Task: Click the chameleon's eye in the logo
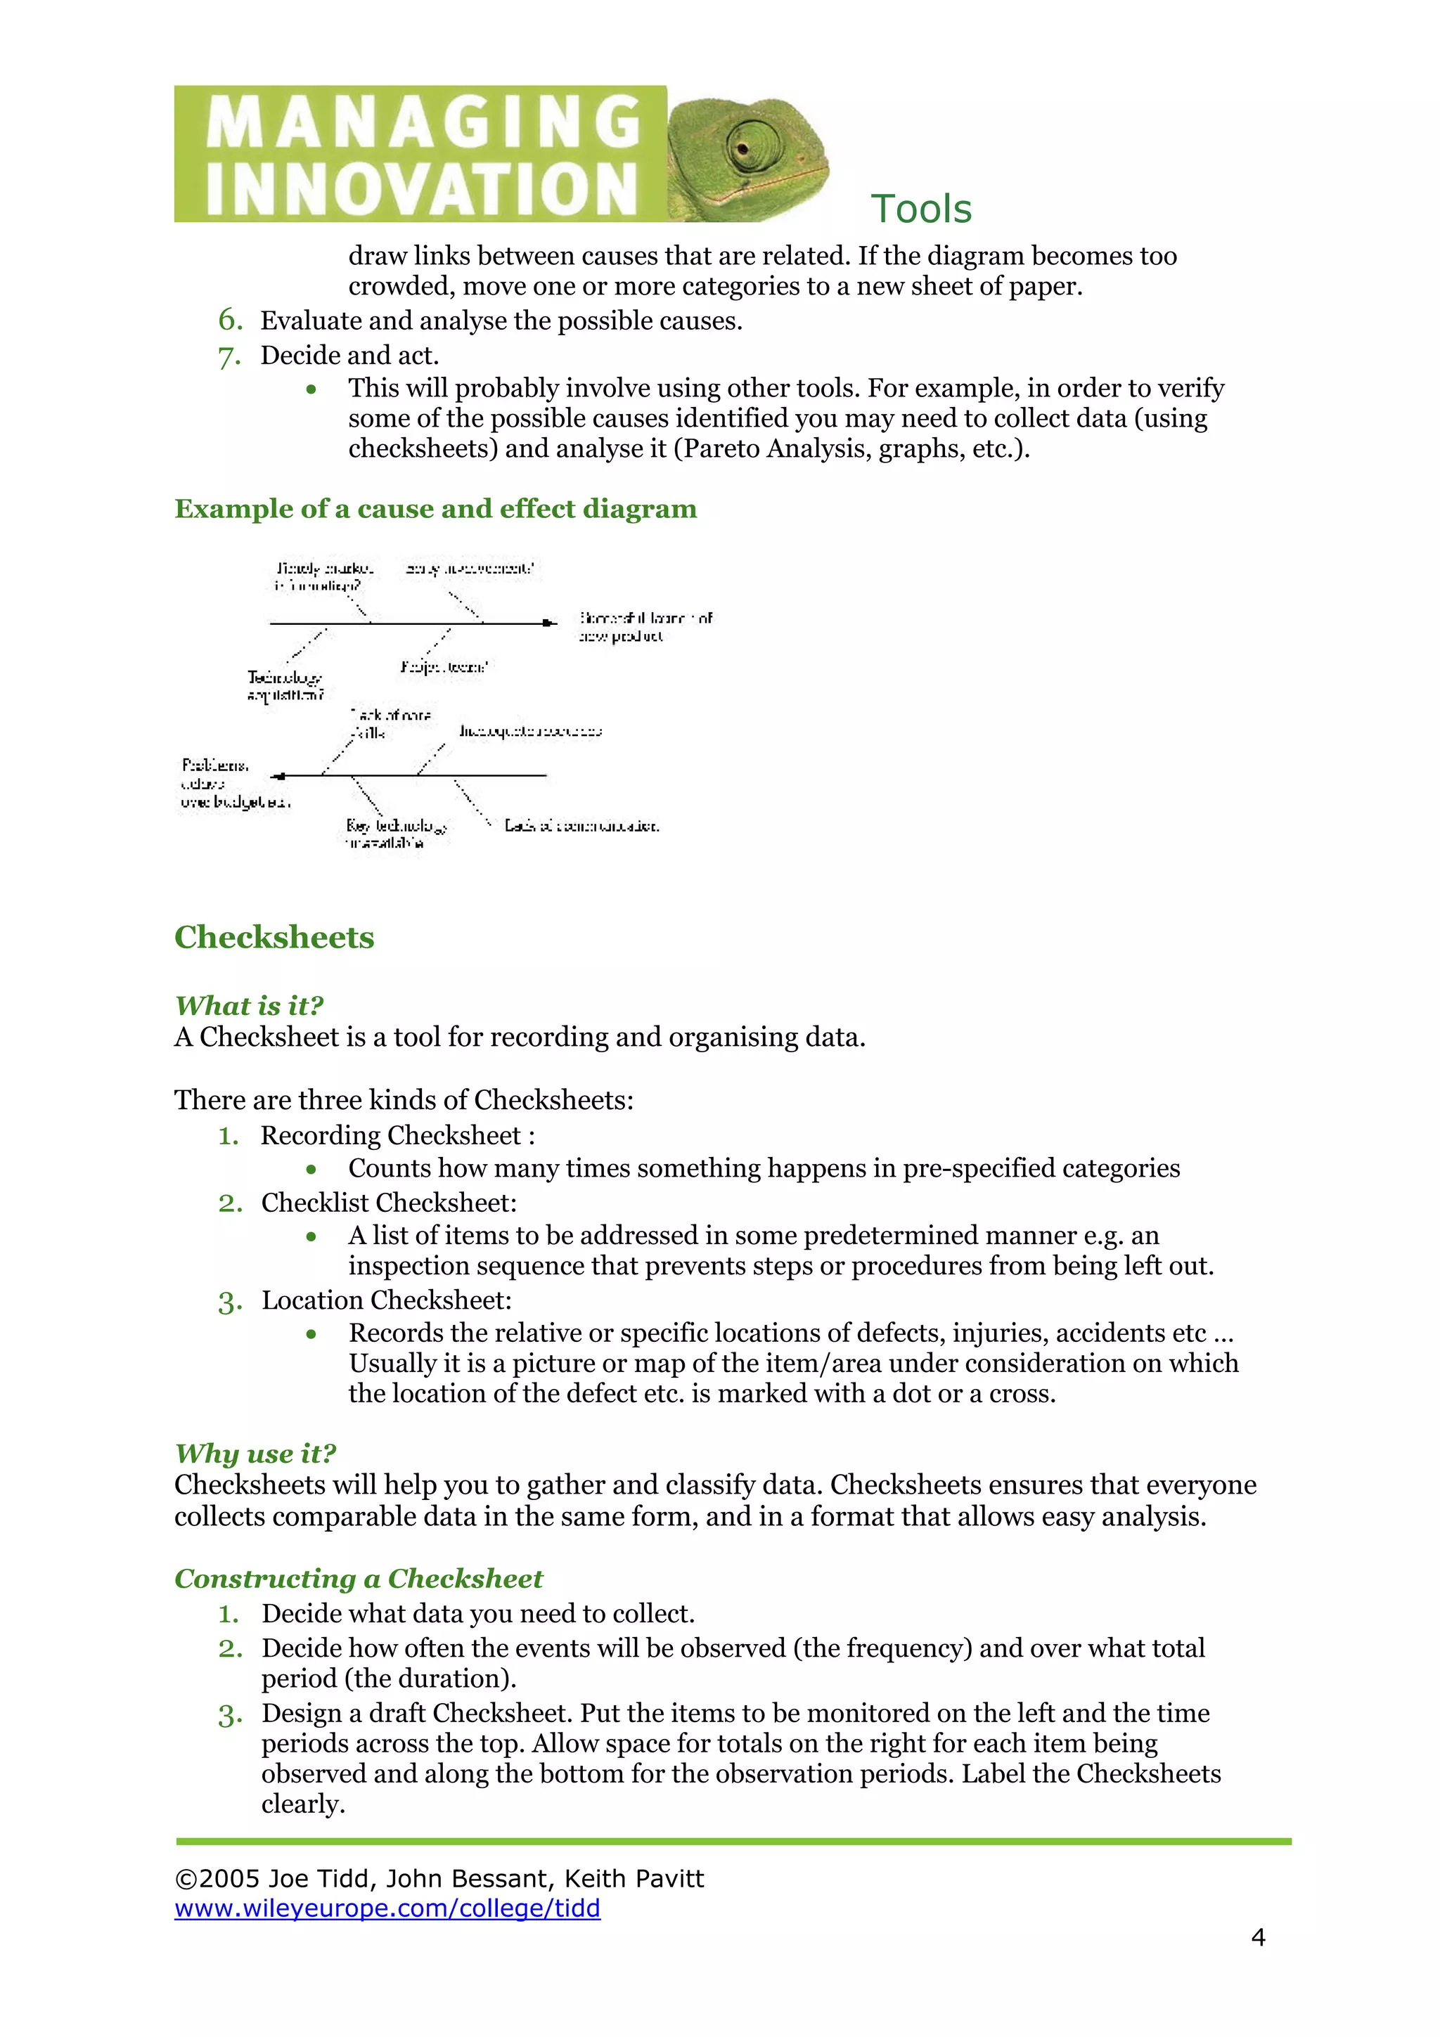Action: (x=743, y=143)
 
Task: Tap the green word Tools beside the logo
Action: (x=921, y=209)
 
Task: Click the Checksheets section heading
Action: (x=274, y=937)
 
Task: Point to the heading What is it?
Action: (x=250, y=1005)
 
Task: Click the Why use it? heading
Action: (x=255, y=1453)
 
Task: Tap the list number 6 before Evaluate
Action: (x=230, y=319)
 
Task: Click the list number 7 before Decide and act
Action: (x=230, y=356)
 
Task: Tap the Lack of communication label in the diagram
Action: (x=581, y=826)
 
